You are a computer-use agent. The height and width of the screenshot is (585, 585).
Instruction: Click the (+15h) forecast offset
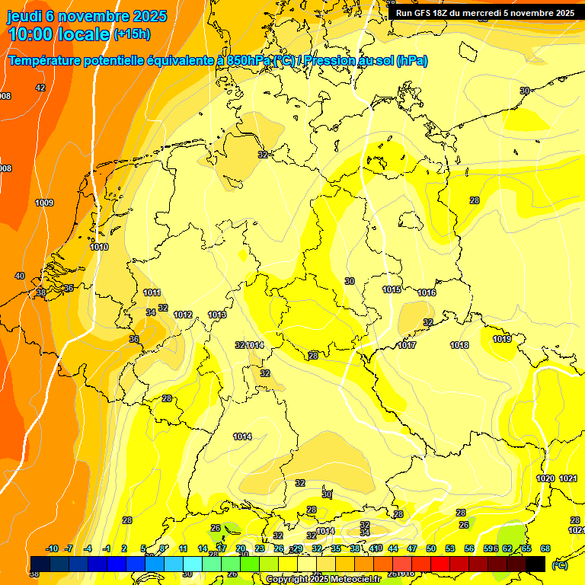pos(132,34)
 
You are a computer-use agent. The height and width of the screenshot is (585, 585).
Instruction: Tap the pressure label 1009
pos(44,203)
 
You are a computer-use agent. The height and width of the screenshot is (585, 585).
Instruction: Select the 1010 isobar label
pos(99,247)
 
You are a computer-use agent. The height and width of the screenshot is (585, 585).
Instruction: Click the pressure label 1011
pos(152,292)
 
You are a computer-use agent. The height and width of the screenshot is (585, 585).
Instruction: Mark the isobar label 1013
pos(217,315)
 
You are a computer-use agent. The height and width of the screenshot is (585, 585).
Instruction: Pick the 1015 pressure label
pos(392,289)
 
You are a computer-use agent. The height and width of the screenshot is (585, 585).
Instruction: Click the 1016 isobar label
pos(427,292)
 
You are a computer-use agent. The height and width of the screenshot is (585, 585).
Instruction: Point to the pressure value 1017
pos(407,345)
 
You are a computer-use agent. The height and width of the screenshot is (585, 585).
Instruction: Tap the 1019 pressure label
pos(501,339)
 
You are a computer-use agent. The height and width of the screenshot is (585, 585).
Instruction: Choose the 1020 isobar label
pos(545,478)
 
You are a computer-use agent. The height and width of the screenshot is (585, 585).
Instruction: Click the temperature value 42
pos(40,88)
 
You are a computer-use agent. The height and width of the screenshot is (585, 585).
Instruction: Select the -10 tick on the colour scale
pos(52,548)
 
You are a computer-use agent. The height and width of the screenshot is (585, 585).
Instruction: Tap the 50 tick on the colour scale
pos(431,548)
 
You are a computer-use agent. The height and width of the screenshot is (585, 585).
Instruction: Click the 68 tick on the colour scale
pos(545,548)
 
